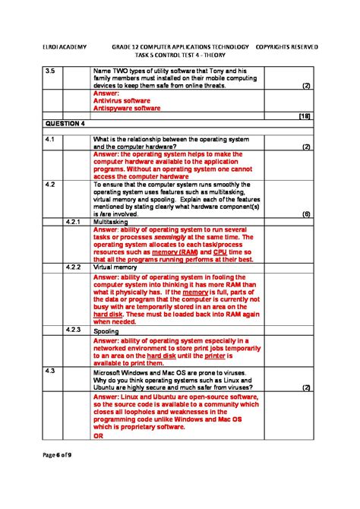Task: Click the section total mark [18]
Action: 305,115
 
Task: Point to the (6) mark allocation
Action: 306,214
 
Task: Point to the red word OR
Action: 98,436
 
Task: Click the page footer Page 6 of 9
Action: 58,454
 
